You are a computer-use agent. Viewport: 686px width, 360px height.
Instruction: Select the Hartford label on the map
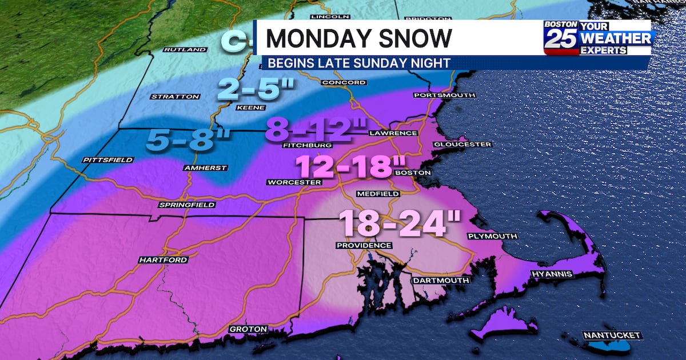pyautogui.click(x=155, y=260)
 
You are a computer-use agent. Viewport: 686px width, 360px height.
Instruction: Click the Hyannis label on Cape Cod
pyautogui.click(x=552, y=274)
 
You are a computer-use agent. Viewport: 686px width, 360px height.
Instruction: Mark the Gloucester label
pyautogui.click(x=462, y=144)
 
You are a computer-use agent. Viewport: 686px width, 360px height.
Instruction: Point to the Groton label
pyautogui.click(x=248, y=329)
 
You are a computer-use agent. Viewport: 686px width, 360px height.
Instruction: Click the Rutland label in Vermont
pyautogui.click(x=185, y=50)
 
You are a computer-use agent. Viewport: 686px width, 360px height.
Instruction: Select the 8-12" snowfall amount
pyautogui.click(x=310, y=129)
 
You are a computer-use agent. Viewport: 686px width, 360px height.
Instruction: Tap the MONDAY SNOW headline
pyautogui.click(x=359, y=38)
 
